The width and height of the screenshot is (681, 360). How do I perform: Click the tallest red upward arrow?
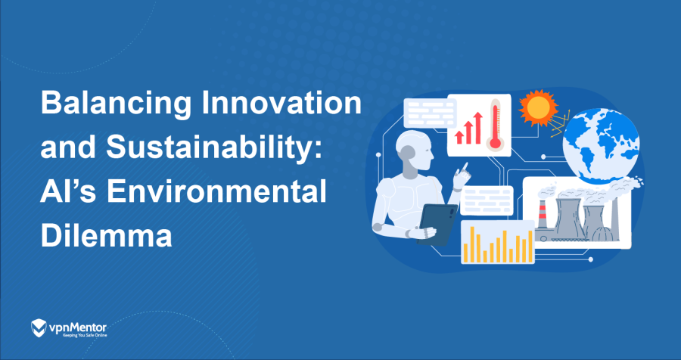(x=479, y=123)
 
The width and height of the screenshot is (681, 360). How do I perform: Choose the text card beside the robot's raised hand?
(x=487, y=200)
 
